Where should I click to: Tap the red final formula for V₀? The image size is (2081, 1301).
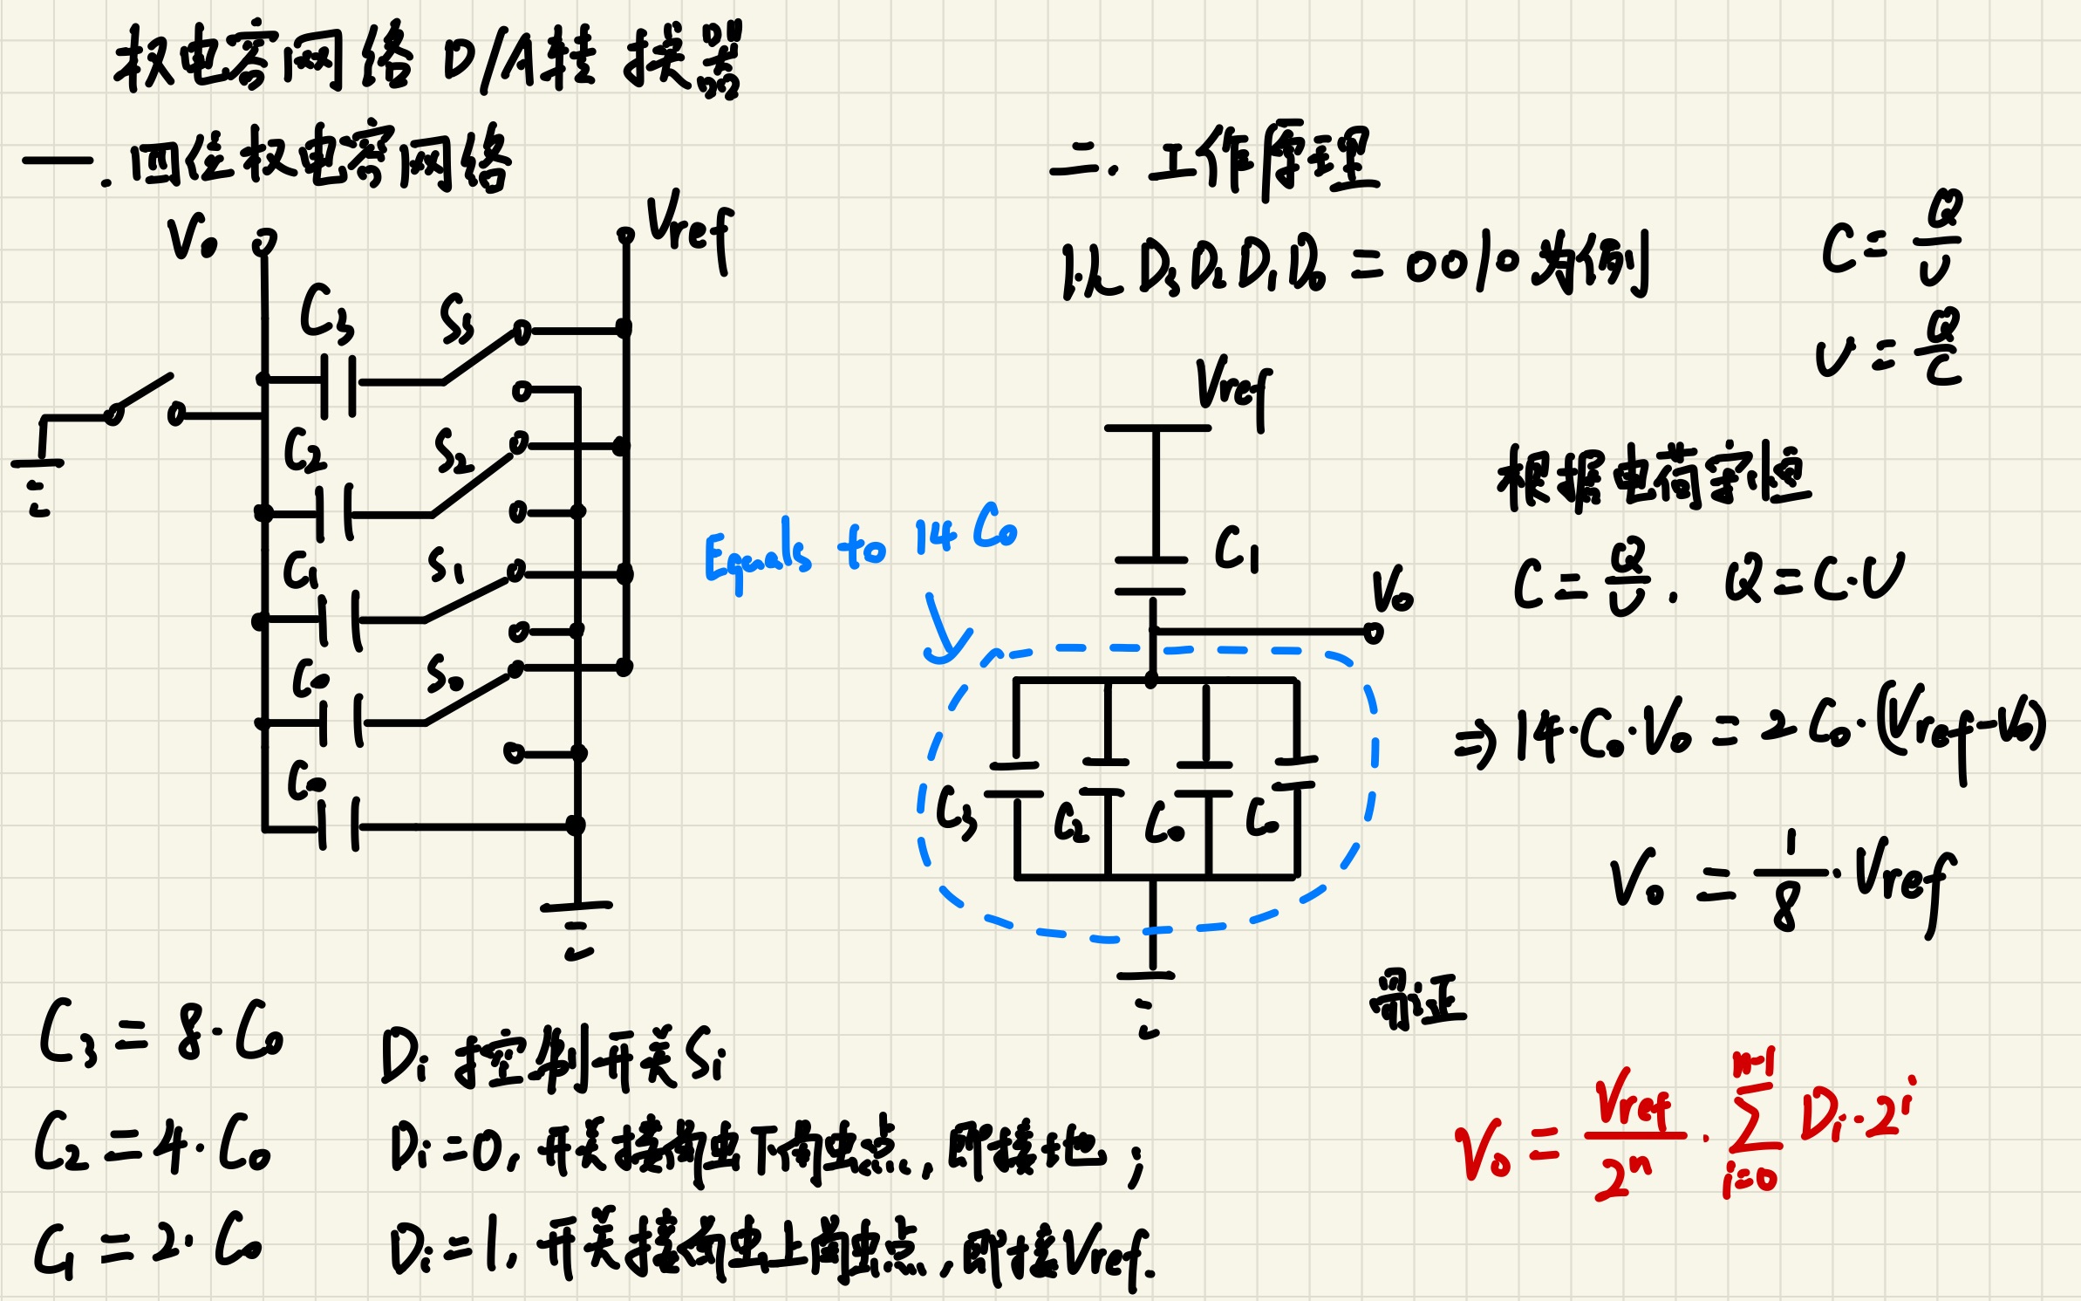click(x=1683, y=1130)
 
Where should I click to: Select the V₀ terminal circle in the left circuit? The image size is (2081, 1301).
click(x=264, y=242)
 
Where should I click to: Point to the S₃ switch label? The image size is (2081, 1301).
click(x=456, y=320)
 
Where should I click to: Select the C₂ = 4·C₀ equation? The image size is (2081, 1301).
click(x=153, y=1143)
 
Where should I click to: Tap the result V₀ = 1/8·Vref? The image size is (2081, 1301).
click(x=1779, y=881)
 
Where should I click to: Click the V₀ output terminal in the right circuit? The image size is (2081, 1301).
click(x=1373, y=633)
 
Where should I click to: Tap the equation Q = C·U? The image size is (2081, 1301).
click(x=1814, y=579)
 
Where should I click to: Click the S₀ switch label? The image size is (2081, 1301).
click(x=444, y=674)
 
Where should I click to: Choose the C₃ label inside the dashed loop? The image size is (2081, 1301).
click(x=956, y=811)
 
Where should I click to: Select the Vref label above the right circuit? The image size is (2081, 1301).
click(x=1232, y=388)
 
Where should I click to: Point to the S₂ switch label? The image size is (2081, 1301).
click(x=453, y=451)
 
